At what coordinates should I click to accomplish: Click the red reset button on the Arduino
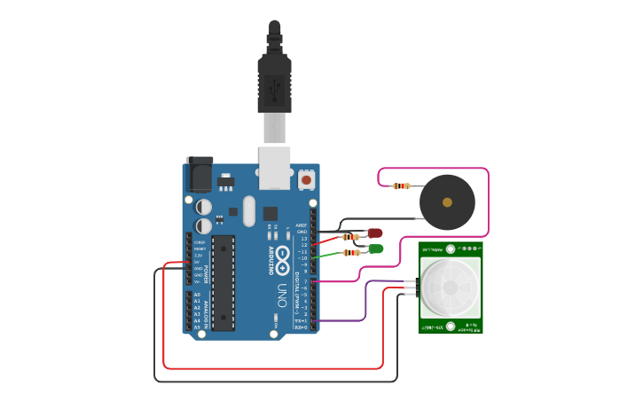(x=306, y=180)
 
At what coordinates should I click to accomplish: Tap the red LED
(x=374, y=233)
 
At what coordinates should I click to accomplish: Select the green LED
(x=375, y=248)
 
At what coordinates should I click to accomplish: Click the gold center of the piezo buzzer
(x=447, y=202)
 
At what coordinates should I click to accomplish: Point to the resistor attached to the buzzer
(x=401, y=185)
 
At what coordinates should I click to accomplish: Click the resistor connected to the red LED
(x=351, y=236)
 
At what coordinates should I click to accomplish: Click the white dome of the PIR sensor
(x=451, y=288)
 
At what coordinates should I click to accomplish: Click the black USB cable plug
(x=274, y=84)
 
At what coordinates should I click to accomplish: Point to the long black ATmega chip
(x=223, y=282)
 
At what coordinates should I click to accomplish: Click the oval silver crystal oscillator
(x=248, y=211)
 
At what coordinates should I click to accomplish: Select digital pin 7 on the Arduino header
(x=313, y=281)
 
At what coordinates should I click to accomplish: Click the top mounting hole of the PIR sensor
(x=451, y=249)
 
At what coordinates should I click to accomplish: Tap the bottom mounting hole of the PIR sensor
(x=451, y=326)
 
